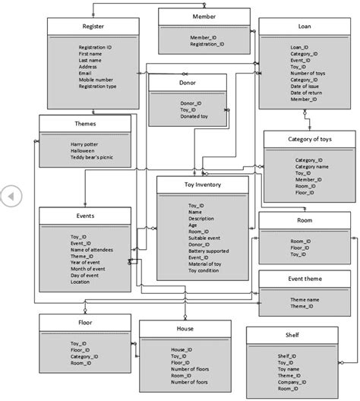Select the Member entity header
point(203,15)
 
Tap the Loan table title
point(304,27)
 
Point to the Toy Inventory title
point(202,185)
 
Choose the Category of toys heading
point(308,139)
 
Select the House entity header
point(185,328)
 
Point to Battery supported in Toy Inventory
point(208,251)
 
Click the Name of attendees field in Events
point(92,249)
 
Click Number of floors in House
point(191,368)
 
